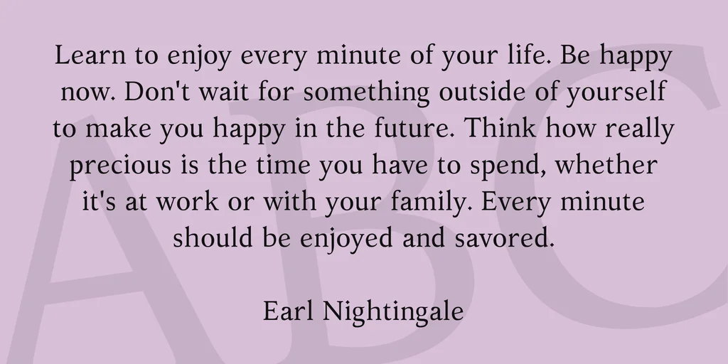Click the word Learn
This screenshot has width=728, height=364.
pos(90,55)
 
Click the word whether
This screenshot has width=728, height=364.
pos(606,164)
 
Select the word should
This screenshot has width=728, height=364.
pos(213,237)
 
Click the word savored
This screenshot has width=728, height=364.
pos(505,237)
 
